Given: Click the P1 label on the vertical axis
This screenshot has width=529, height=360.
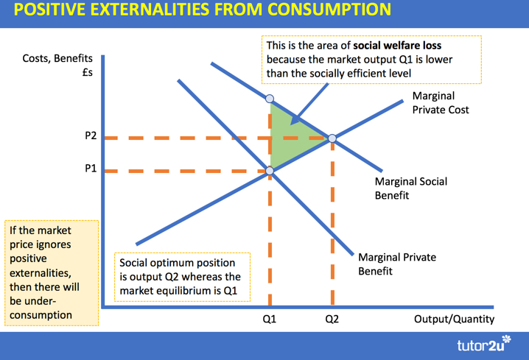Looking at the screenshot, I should (x=91, y=169).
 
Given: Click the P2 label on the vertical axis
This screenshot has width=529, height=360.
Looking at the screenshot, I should (x=91, y=136).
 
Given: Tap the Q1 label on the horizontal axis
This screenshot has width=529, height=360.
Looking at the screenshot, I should (x=270, y=320).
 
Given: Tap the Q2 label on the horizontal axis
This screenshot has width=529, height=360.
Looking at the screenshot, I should (x=332, y=320).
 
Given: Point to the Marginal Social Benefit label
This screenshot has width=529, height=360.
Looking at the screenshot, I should (x=410, y=188).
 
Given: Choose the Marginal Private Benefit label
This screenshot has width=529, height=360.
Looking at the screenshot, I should (x=396, y=264).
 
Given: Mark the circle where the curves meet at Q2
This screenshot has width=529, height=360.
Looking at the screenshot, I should (x=332, y=138).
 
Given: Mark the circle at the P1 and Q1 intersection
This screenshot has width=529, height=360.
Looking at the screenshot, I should (x=270, y=171).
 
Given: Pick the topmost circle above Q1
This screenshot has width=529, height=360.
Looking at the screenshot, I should (x=270, y=99).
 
